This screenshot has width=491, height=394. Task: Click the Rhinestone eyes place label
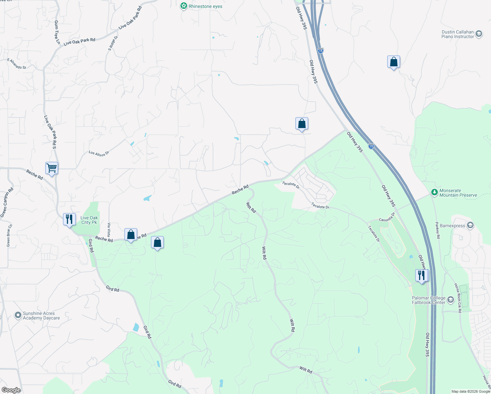(x=205, y=7)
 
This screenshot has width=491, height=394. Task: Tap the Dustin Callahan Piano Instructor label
(x=458, y=34)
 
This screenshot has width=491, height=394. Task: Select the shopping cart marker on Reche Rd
(x=52, y=168)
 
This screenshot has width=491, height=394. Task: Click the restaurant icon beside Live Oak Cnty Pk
(x=69, y=219)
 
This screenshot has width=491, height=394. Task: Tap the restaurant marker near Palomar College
(x=422, y=275)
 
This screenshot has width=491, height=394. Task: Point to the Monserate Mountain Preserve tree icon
(x=435, y=192)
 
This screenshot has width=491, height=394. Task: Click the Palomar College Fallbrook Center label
(x=429, y=300)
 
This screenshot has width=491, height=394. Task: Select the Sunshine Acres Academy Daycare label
(x=41, y=316)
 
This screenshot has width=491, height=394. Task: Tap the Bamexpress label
(x=452, y=226)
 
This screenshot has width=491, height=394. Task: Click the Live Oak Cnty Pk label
(x=89, y=220)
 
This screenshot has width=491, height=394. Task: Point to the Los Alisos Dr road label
(x=99, y=153)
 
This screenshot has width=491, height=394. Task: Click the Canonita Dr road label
(x=387, y=217)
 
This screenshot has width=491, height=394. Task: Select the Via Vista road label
(x=109, y=230)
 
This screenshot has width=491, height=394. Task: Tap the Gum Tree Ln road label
(x=57, y=32)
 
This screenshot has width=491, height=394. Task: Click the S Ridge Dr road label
(x=113, y=43)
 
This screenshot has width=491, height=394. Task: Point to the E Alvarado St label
(x=17, y=64)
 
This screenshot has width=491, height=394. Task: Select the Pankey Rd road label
(x=438, y=228)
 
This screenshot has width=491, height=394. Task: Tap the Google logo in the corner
(x=11, y=390)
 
